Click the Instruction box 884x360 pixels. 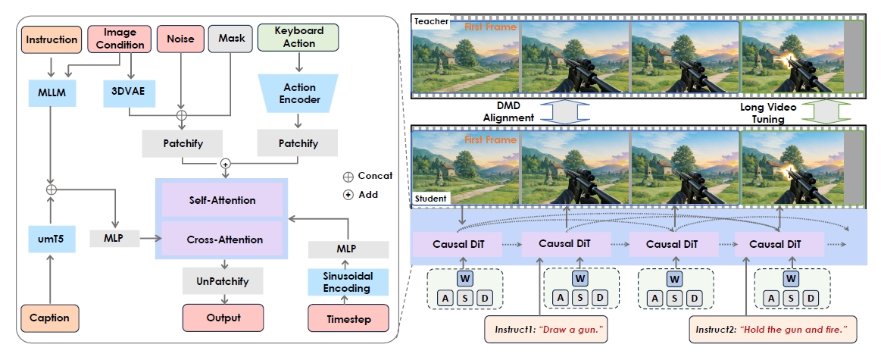coord(52,39)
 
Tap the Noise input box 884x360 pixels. coord(180,39)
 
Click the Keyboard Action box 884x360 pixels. coord(300,37)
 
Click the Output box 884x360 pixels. coord(223,318)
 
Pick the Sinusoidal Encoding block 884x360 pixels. coord(348,282)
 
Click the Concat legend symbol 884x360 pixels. coord(348,176)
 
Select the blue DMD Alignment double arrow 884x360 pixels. coord(557,112)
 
